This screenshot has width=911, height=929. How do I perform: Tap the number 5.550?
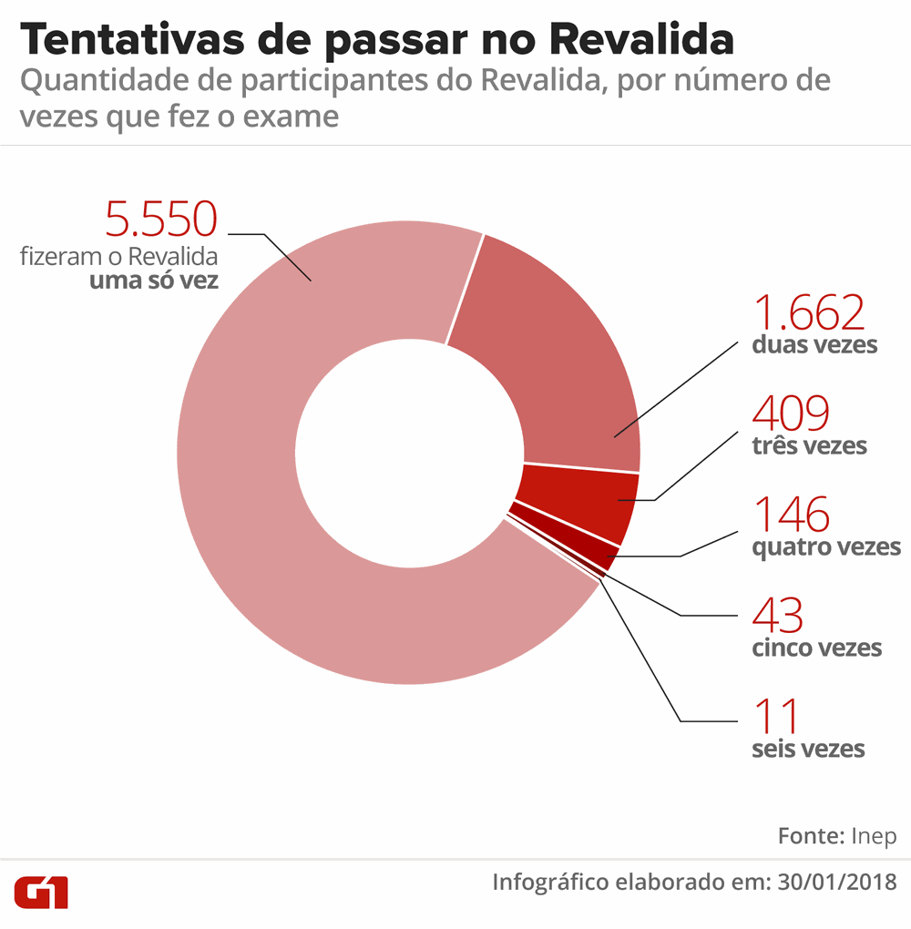pyautogui.click(x=161, y=221)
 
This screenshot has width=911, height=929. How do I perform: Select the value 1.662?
pyautogui.click(x=807, y=313)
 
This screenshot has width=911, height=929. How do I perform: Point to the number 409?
pyautogui.click(x=791, y=414)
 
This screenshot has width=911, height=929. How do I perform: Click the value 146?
pyautogui.click(x=791, y=515)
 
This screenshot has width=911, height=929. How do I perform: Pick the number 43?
pyautogui.click(x=777, y=616)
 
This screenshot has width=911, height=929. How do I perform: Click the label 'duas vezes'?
pyautogui.click(x=814, y=346)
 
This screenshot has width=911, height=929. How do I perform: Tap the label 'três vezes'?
pyautogui.click(x=809, y=446)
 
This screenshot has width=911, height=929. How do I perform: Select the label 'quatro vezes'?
pyautogui.click(x=826, y=547)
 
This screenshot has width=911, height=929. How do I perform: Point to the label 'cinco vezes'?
pyautogui.click(x=816, y=648)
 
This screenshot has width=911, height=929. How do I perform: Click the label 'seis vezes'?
pyautogui.click(x=808, y=750)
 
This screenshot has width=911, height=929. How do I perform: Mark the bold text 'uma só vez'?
pyautogui.click(x=153, y=281)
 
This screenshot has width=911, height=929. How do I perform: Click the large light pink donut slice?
pyautogui.click(x=273, y=546)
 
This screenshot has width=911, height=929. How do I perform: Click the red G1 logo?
pyautogui.click(x=41, y=893)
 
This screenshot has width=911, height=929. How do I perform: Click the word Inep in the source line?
pyautogui.click(x=874, y=836)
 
